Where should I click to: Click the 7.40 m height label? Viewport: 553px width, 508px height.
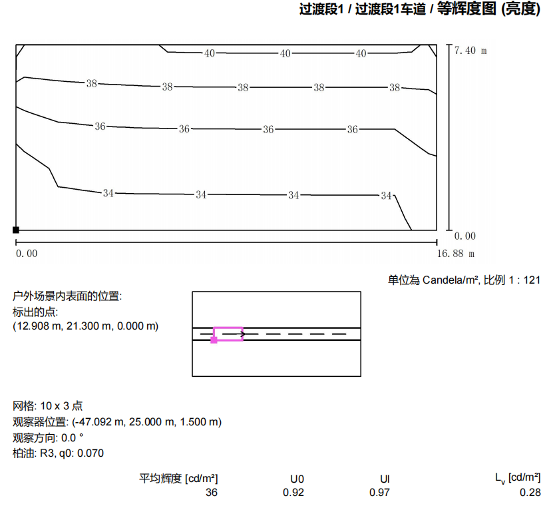(x=470, y=51)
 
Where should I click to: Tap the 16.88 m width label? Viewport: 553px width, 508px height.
(x=456, y=254)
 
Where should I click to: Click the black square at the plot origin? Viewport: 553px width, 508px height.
(x=16, y=230)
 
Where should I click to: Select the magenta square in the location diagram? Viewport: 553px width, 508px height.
(x=214, y=340)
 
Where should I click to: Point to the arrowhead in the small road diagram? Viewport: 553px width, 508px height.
(x=243, y=334)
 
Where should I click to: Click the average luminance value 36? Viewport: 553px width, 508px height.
(x=212, y=493)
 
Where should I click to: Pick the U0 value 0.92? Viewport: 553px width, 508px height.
(x=293, y=493)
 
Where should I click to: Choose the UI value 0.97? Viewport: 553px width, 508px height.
(x=379, y=493)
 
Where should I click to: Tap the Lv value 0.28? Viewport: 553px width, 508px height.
(x=530, y=493)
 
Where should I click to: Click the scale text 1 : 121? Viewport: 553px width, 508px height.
(x=524, y=280)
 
